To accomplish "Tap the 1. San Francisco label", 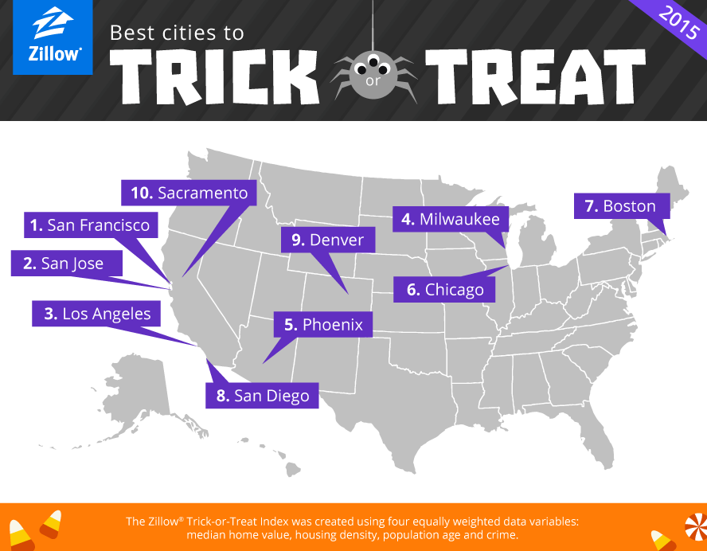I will [90, 225].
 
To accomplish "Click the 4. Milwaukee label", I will [451, 219].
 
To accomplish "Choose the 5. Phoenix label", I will [323, 325].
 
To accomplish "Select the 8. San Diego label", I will [262, 396].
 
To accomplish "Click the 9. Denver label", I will [326, 240].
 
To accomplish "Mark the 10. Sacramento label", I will [190, 193].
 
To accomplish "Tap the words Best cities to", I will [177, 33].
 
